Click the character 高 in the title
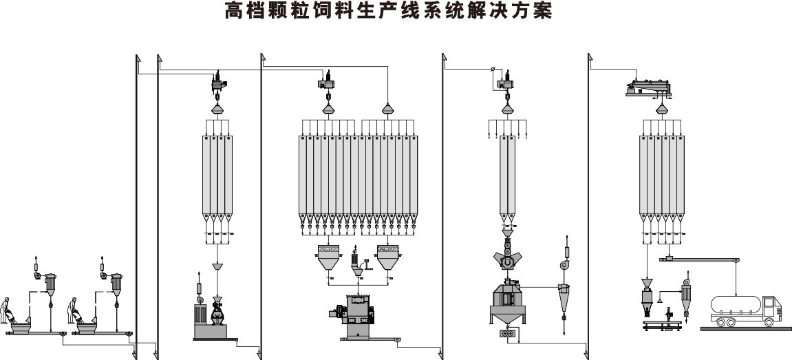[233, 12]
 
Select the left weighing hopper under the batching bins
[328, 259]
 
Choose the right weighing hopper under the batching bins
[389, 259]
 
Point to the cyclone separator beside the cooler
[564, 295]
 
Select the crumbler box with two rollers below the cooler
[509, 334]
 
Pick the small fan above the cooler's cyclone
[564, 266]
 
